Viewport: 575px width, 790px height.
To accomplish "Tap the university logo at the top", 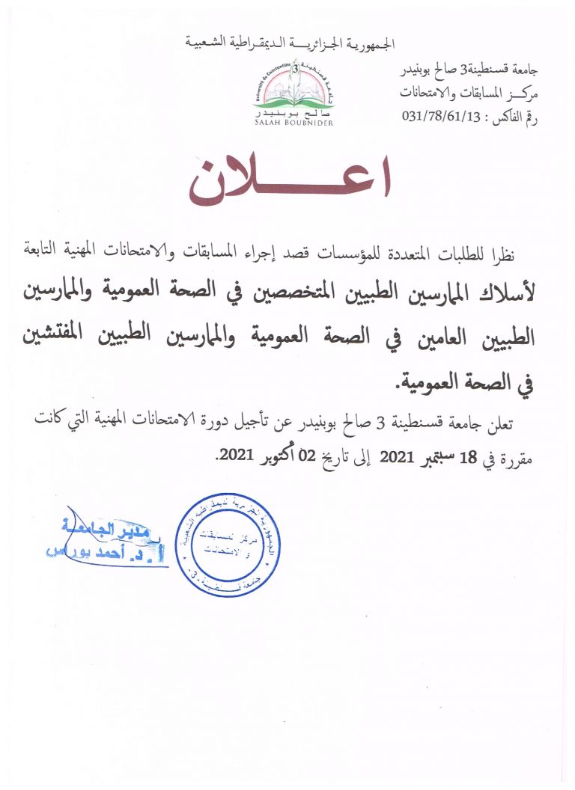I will (293, 90).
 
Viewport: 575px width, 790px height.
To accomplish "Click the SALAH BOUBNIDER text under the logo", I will (293, 122).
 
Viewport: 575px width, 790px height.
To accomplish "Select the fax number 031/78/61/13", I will (438, 117).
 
